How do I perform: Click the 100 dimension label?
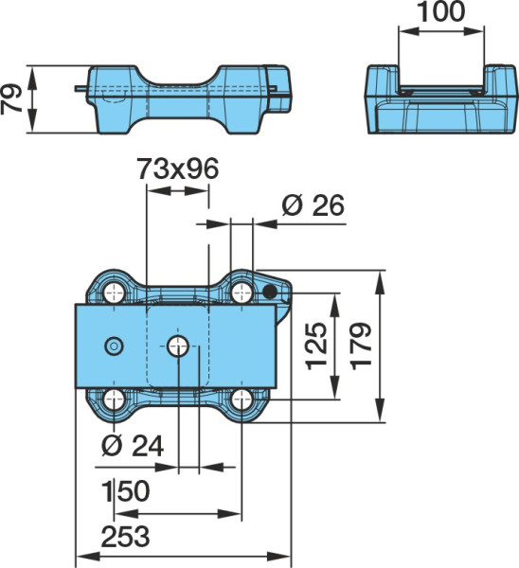coord(441,11)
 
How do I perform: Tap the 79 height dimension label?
coord(10,98)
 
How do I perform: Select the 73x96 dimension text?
coord(178,169)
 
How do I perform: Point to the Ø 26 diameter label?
coord(313,205)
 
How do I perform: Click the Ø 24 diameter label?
coord(133,445)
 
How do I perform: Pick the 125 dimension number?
coord(316,346)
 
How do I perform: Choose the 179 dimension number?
coord(362,346)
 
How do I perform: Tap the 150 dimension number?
coord(126,490)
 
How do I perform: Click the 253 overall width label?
coord(125,537)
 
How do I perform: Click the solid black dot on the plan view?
coord(269,292)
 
